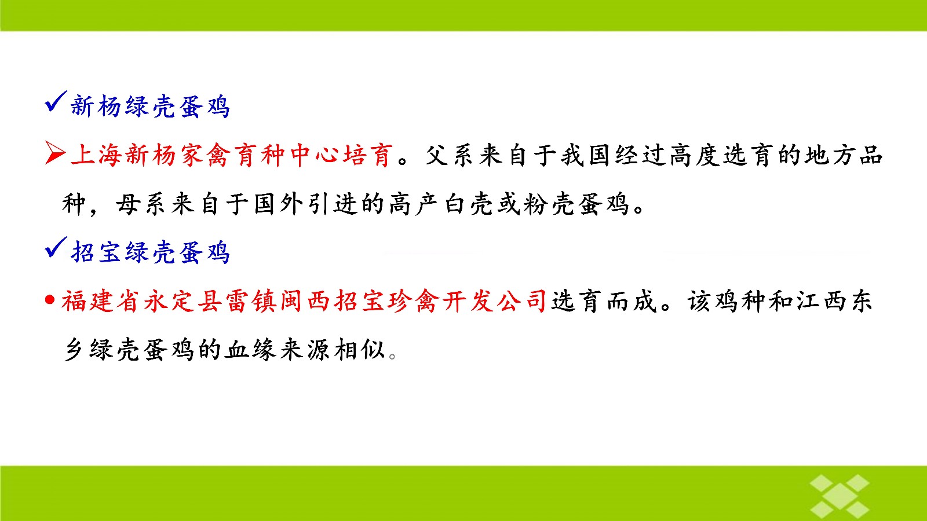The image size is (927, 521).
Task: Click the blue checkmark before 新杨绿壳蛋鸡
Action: tap(56, 102)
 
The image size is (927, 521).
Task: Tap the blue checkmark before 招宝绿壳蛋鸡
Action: tap(56, 247)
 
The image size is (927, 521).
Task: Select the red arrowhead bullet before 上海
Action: tap(55, 153)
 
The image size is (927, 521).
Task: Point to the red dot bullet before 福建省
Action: tap(50, 299)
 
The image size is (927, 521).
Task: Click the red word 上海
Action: tap(97, 156)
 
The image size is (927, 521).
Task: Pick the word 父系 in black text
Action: tap(451, 156)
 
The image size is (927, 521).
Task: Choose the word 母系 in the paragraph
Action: tap(140, 204)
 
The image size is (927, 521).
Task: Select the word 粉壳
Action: tap(549, 204)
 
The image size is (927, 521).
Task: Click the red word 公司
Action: tap(522, 301)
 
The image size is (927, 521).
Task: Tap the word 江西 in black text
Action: tap(821, 301)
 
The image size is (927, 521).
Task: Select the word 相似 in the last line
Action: tap(359, 350)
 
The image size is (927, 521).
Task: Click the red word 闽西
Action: tap(305, 301)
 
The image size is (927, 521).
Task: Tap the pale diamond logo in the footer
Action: tap(840, 496)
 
